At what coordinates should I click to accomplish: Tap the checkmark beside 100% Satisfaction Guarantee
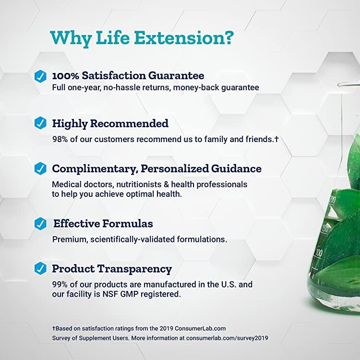point(40,76)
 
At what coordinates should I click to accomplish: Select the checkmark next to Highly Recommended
point(40,123)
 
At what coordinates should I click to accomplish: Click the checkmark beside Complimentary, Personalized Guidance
point(40,169)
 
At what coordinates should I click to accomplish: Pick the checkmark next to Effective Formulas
point(40,224)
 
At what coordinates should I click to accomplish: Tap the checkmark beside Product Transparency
point(40,269)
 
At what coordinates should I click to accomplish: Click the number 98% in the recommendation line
point(60,139)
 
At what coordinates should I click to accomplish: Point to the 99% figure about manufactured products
point(60,285)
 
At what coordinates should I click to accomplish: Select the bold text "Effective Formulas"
point(103,224)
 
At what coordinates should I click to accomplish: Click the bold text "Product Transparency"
point(112,269)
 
